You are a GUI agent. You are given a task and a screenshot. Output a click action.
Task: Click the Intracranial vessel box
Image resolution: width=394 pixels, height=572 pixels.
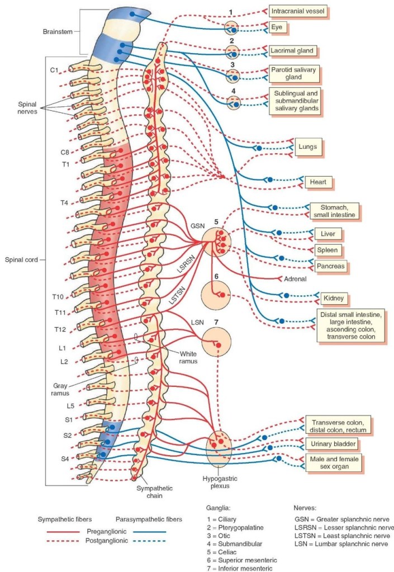297,11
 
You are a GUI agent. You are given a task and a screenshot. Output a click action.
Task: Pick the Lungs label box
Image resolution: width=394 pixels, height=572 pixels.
308,147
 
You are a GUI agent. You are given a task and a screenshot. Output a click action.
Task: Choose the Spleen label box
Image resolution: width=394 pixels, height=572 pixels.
327,250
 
